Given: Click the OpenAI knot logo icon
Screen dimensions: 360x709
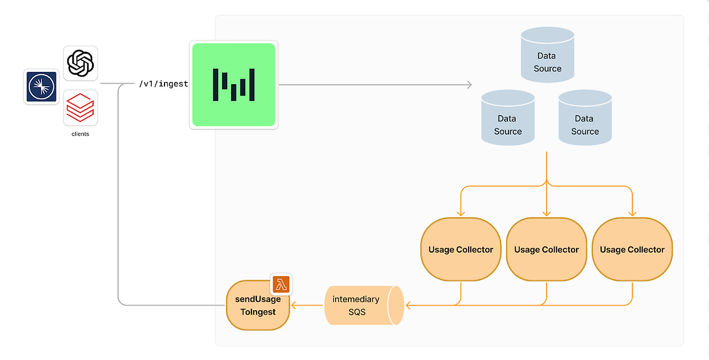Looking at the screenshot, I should tap(80, 63).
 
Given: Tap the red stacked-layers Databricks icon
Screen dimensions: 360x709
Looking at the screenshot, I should tap(80, 107).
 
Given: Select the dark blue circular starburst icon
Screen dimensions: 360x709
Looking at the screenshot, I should tap(42, 87).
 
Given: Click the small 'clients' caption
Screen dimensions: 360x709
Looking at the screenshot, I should tap(80, 134).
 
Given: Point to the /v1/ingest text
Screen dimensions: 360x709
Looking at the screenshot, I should tap(163, 84).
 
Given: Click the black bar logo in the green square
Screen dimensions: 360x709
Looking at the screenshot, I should tap(234, 85).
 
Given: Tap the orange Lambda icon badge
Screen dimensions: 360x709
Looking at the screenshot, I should tap(281, 285).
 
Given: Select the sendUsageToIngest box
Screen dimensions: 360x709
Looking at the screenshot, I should tap(258, 305).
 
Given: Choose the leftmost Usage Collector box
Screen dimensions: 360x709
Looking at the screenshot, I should tap(461, 250).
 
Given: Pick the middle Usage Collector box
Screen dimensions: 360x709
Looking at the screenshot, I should tap(547, 250).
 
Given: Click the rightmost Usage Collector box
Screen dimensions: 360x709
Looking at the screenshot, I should tap(632, 250).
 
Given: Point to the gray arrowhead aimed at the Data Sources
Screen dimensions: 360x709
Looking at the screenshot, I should tap(469, 85).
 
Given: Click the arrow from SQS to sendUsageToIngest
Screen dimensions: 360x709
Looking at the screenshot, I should tap(307, 305).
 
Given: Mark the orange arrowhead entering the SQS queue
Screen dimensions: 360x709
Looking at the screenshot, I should tap(409, 305).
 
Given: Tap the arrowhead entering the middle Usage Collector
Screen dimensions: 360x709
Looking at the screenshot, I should tap(547, 213).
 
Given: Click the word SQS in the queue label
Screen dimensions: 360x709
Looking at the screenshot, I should tap(357, 312).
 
